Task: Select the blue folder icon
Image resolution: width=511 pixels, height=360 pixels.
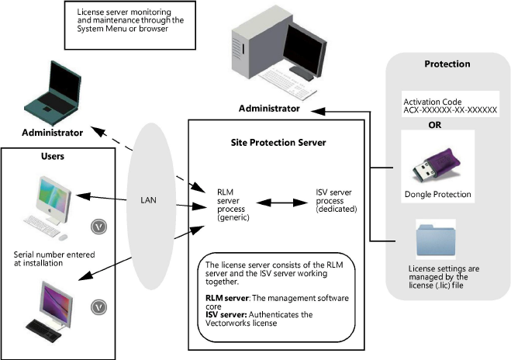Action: [437, 238]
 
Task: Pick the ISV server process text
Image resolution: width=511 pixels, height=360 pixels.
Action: [337, 199]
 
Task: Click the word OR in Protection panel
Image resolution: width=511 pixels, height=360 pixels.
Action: [436, 122]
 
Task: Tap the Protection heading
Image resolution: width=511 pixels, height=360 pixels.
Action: [447, 64]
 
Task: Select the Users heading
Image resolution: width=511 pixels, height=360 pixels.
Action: [52, 156]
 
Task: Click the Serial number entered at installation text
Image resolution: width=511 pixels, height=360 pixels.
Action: [48, 258]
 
